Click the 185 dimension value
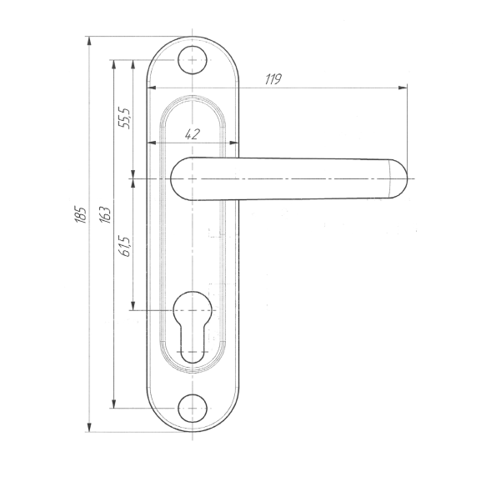[x=80, y=215]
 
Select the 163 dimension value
[x=105, y=215]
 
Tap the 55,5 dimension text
[x=123, y=118]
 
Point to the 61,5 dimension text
[x=125, y=246]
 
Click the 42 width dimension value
[x=193, y=134]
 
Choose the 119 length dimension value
[x=273, y=79]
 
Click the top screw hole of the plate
[x=193, y=60]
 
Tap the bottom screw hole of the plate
[x=193, y=409]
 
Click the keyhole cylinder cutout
[x=193, y=327]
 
